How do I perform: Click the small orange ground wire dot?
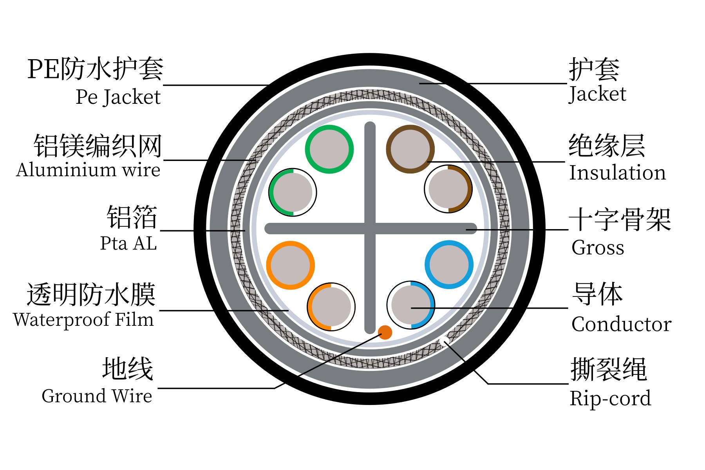385,333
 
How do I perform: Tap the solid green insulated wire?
329,149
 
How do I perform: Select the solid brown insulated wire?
410,149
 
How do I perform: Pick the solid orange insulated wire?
290,265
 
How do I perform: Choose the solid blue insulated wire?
449,265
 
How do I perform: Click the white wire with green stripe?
293,192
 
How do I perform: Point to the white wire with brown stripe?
448,189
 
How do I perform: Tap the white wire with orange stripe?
331,307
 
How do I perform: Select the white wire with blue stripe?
411,305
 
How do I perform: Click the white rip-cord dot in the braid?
443,341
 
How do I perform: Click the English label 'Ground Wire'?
97,396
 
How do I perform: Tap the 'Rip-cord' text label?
610,399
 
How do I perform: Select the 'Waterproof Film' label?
83,320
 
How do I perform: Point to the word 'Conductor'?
621,324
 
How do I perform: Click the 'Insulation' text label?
617,173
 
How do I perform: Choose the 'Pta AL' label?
128,243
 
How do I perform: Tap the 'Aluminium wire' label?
88,170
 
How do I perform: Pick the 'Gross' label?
598,248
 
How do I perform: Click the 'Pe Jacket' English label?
118,97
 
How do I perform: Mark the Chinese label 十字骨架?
620,220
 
